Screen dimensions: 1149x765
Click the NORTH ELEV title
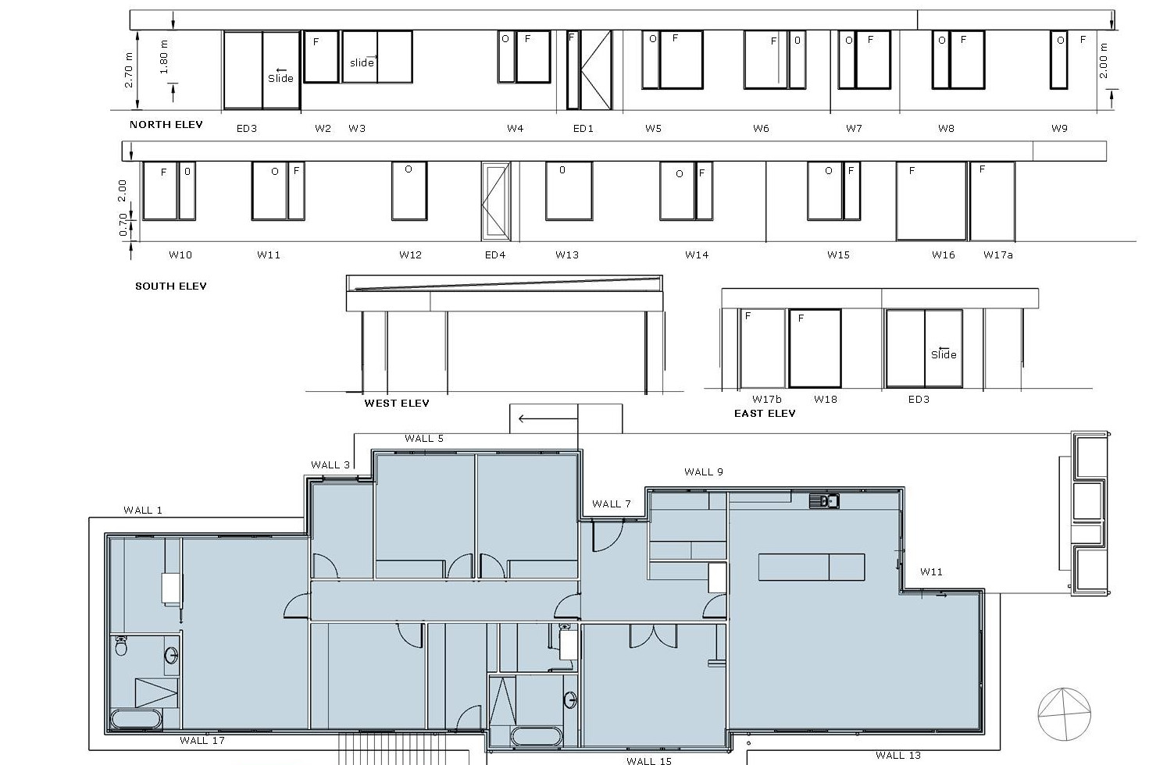pos(166,125)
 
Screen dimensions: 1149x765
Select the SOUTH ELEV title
pos(171,286)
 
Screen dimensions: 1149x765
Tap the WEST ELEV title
pos(397,404)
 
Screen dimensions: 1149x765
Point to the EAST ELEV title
pos(765,414)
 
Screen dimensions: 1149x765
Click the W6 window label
pos(761,128)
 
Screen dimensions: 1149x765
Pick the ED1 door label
pos(583,128)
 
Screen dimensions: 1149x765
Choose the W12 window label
pos(410,254)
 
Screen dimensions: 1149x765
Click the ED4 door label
pos(495,254)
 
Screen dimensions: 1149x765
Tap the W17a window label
pos(998,254)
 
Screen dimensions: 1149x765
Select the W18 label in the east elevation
pos(826,399)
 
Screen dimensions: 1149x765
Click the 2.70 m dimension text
pos(128,70)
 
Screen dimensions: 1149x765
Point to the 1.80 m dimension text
pos(163,57)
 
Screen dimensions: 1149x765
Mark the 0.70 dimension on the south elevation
pos(123,225)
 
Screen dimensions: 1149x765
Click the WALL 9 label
pos(704,471)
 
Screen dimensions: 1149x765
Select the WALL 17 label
pos(202,740)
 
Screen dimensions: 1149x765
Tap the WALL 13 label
pos(898,756)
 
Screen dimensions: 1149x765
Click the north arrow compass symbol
pos(1065,714)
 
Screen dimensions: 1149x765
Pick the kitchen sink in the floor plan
pos(824,500)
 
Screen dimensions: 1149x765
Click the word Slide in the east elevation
pos(944,354)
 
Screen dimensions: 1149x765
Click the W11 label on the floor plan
pos(931,571)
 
